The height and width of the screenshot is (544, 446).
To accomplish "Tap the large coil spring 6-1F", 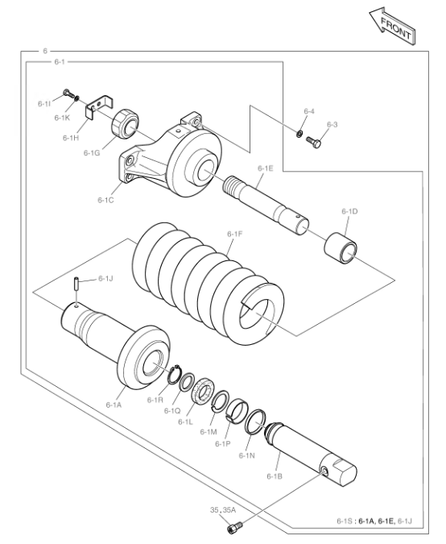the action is point(208,284).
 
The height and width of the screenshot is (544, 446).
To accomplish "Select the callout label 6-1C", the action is point(105,200).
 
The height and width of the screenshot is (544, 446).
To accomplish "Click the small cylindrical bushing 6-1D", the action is point(341,248).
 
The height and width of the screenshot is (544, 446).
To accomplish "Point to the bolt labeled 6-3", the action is point(314,141).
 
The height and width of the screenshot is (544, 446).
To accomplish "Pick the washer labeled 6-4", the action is point(299,133).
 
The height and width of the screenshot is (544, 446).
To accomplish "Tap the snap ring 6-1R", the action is point(175,374).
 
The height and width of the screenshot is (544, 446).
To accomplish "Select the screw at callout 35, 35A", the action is point(234,527).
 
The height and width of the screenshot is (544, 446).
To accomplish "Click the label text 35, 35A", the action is point(223,509).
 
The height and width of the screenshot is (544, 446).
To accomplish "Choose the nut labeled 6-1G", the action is point(126,123).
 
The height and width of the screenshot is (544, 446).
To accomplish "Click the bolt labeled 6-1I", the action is point(68,93).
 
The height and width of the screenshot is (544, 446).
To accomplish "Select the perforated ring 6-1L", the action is point(204,392).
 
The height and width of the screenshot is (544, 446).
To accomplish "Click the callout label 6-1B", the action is point(275,476).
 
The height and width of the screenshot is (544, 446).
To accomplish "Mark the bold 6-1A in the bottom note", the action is point(366,521).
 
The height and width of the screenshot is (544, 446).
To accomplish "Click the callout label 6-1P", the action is point(223,444).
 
